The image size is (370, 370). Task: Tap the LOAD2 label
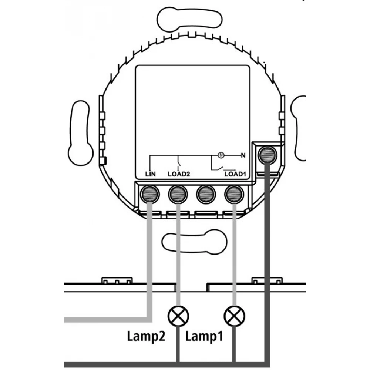coord(179,174)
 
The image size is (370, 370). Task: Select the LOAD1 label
coord(235,174)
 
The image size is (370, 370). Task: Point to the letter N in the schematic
coord(243,155)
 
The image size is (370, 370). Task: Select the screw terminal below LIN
coord(149,194)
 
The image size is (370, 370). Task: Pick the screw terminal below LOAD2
coord(178,194)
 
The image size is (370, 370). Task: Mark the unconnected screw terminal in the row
coord(206,194)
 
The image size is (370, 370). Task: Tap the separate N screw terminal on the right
coord(267,154)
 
